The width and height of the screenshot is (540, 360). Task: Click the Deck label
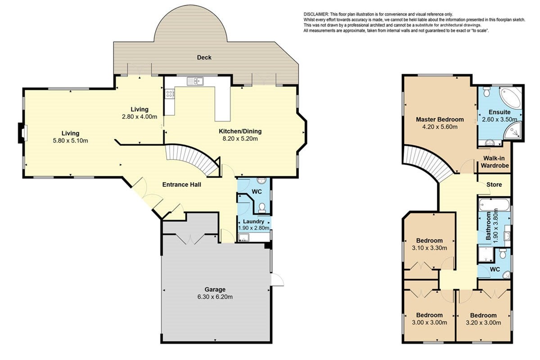(x=204, y=58)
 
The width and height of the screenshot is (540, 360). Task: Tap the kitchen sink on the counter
(x=195, y=81)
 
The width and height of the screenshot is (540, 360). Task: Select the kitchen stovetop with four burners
(x=170, y=94)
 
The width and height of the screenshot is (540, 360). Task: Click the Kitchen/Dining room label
(x=240, y=131)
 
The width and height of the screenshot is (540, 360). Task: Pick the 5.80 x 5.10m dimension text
(x=70, y=140)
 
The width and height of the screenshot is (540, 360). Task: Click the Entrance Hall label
(x=181, y=184)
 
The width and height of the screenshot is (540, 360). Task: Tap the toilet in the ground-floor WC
(x=262, y=208)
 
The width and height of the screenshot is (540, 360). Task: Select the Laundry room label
(x=253, y=221)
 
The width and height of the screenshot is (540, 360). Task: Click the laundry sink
(x=244, y=237)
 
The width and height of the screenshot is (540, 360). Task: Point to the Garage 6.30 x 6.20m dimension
(x=215, y=297)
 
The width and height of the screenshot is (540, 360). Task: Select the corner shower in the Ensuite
(x=512, y=131)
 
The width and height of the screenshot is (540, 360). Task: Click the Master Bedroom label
(x=440, y=119)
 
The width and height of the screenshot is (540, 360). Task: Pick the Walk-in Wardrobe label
(x=495, y=162)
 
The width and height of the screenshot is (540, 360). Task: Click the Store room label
(x=494, y=184)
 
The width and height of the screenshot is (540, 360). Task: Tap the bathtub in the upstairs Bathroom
(x=494, y=205)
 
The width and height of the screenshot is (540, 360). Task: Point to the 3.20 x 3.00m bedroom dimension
(x=483, y=323)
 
